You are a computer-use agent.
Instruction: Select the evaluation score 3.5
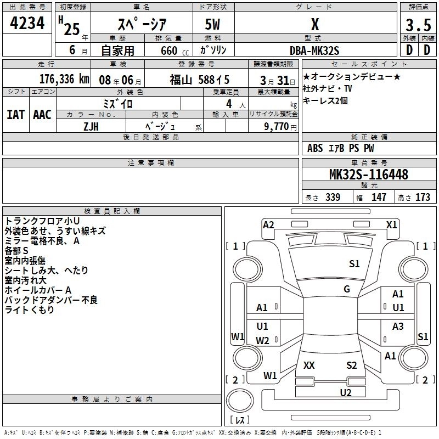coord(418,25)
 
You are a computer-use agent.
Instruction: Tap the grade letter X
coord(314,25)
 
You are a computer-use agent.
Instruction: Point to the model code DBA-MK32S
coord(314,50)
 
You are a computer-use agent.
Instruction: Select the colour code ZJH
coord(91,126)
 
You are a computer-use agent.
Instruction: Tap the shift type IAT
coord(16,115)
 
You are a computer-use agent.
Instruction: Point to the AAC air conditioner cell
coord(42,115)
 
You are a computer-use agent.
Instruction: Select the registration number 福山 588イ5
coord(199,78)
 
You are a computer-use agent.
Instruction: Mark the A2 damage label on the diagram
coord(268,224)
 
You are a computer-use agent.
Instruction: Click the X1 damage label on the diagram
coord(392,224)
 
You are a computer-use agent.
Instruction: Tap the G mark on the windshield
coord(347,289)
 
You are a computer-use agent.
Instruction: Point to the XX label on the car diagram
coord(309,365)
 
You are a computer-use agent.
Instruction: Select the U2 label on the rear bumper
coord(345,392)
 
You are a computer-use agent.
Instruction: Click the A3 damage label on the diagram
coord(398,327)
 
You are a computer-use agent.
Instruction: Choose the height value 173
coord(423,197)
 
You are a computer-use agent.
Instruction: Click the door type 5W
coord(213,25)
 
